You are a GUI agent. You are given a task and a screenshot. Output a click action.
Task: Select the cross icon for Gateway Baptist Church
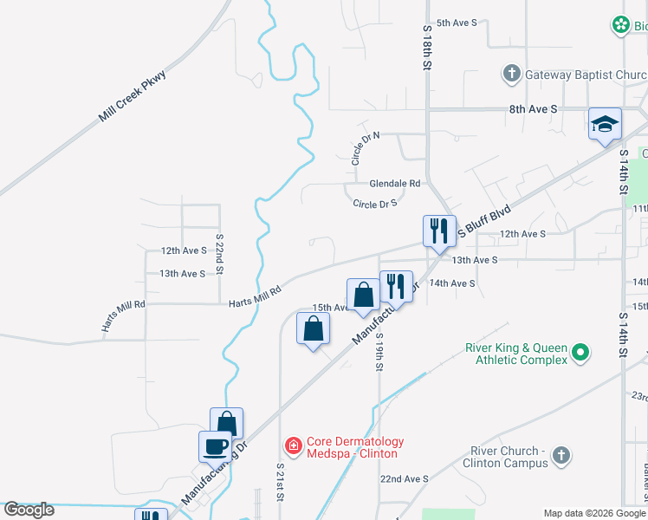coord(511,74)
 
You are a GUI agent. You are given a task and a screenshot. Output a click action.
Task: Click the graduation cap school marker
coord(605,125)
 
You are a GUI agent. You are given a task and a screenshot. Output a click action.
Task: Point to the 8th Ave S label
coord(533,110)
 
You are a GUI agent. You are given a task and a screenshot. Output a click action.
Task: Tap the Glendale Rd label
coord(394,184)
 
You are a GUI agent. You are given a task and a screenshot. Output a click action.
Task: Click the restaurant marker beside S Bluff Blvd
coord(438,231)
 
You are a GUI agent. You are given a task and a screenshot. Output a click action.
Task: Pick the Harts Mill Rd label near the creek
coord(255,297)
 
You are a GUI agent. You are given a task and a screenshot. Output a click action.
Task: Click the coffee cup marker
coord(215,447)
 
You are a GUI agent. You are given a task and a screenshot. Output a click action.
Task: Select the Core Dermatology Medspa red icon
coord(293,446)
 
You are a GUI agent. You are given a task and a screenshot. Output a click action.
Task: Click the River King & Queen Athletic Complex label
coord(515,354)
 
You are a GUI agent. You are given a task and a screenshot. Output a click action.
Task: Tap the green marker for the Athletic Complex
coord(580,354)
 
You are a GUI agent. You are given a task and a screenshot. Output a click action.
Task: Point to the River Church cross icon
coord(561,455)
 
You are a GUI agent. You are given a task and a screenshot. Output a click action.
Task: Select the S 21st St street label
coord(280,485)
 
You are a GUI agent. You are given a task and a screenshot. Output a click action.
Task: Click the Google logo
coord(29,510)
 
